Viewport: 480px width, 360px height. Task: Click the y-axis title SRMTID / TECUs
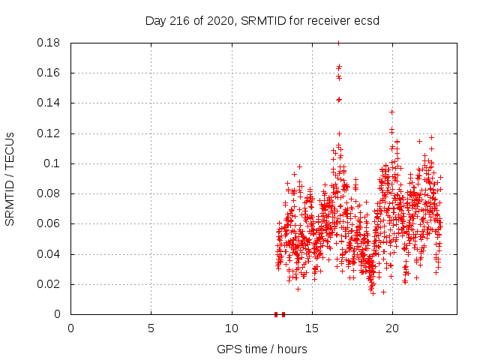point(10,178)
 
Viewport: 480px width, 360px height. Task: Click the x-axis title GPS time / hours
point(262,349)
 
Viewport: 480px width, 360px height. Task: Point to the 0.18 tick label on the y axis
point(50,43)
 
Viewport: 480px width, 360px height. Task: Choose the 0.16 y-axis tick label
point(50,73)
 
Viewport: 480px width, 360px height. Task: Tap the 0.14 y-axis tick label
point(50,103)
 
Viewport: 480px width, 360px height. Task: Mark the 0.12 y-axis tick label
point(50,133)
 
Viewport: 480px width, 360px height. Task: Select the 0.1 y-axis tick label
point(53,163)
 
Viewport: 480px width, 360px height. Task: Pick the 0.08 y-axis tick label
point(50,193)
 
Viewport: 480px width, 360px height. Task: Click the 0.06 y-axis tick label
point(50,223)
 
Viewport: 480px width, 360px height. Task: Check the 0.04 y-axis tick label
point(50,254)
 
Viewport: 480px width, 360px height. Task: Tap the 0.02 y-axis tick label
point(50,284)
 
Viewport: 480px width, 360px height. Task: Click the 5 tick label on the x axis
point(151,328)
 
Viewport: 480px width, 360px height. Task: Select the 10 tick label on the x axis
point(232,328)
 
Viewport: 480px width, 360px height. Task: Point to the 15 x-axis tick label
point(312,328)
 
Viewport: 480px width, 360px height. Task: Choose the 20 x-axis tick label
point(392,328)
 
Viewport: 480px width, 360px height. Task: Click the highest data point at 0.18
point(338,43)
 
